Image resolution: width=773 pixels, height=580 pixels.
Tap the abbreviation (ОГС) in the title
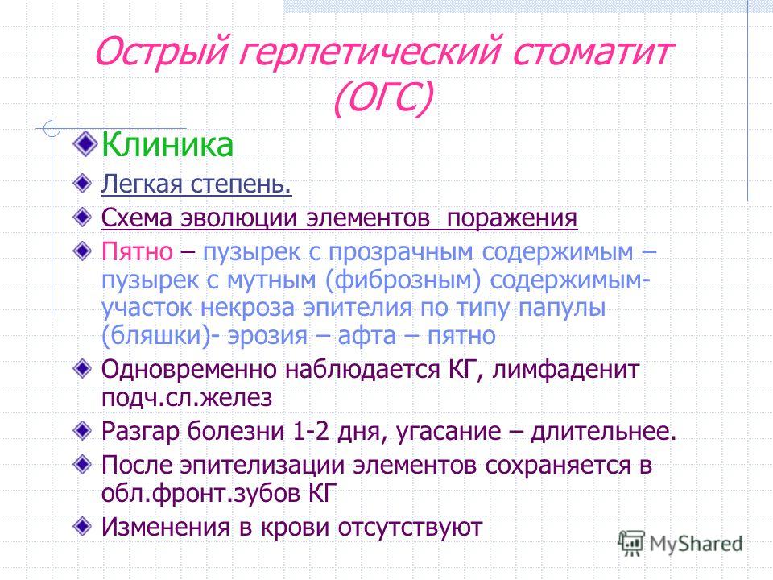(x=383, y=97)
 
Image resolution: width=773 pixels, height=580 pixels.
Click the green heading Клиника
(x=167, y=144)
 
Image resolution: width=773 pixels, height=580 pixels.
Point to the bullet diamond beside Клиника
(x=85, y=143)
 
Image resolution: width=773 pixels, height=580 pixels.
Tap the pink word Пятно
(x=137, y=251)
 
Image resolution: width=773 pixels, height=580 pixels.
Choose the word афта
(x=367, y=335)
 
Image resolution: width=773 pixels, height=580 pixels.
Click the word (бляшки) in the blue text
(x=156, y=336)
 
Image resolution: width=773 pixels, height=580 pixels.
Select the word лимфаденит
(x=565, y=369)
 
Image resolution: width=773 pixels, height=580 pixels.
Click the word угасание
(x=449, y=432)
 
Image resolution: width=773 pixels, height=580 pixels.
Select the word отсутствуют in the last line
(x=410, y=528)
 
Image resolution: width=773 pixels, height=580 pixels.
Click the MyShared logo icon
(x=631, y=543)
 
